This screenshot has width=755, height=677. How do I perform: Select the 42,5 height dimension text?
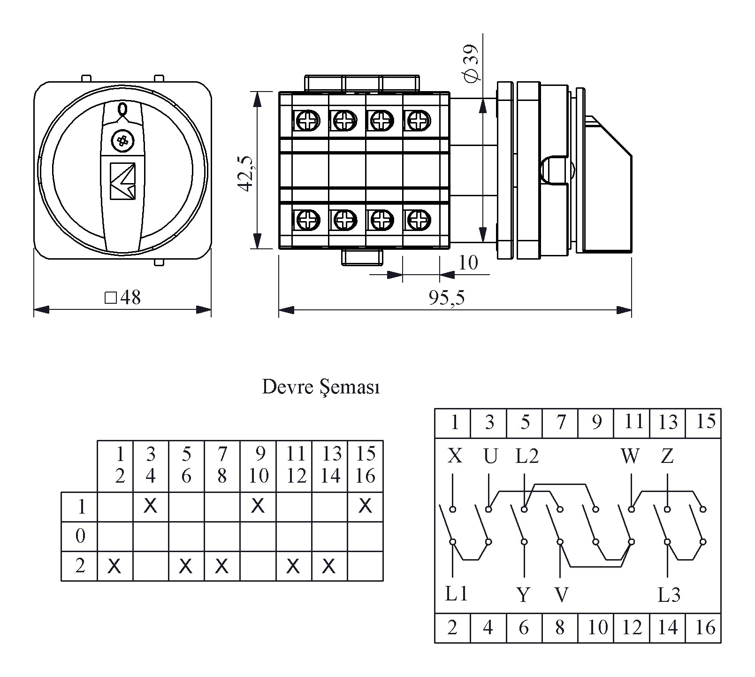pyautogui.click(x=246, y=173)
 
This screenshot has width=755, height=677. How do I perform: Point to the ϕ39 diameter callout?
pyautogui.click(x=470, y=62)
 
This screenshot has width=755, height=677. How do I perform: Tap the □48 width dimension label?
pyautogui.click(x=122, y=298)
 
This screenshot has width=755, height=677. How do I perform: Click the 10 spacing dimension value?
pyautogui.click(x=468, y=262)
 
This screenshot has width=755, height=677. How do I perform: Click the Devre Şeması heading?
pyautogui.click(x=320, y=387)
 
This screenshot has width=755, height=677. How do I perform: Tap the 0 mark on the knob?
pyautogui.click(x=122, y=109)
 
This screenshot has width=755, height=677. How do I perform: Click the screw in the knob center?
pyautogui.click(x=122, y=140)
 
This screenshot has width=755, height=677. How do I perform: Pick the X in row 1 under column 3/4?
pyautogui.click(x=150, y=506)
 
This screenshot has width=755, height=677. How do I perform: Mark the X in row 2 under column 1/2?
pyautogui.click(x=114, y=567)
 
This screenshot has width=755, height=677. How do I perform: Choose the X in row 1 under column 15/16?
pyautogui.click(x=365, y=506)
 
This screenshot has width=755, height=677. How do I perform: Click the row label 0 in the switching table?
pyautogui.click(x=80, y=536)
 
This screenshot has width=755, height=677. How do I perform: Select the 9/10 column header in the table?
pyautogui.click(x=258, y=465)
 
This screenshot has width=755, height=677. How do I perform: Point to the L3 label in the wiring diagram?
pyautogui.click(x=669, y=595)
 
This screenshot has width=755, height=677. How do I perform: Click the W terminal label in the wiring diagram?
pyautogui.click(x=630, y=456)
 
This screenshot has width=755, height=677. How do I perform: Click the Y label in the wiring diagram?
pyautogui.click(x=524, y=595)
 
